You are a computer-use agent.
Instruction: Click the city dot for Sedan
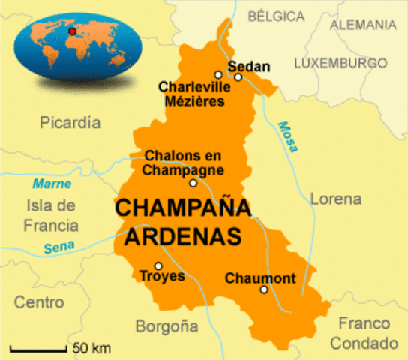(238, 76)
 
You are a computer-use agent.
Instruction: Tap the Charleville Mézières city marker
(218, 74)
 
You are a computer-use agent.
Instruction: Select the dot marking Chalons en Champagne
(193, 183)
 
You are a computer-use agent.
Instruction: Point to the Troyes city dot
(158, 265)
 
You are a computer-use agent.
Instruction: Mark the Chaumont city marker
(263, 289)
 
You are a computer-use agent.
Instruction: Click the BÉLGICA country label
(276, 16)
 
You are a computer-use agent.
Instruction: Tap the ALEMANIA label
(363, 25)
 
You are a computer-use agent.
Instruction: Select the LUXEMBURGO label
(340, 63)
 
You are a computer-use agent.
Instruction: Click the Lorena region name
(335, 199)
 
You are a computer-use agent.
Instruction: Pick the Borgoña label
(166, 326)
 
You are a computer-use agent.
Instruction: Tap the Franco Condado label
(364, 333)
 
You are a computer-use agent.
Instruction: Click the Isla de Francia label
(51, 214)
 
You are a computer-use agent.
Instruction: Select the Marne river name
(52, 184)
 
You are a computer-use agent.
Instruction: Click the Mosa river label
(286, 136)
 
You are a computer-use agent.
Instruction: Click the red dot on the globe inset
(72, 32)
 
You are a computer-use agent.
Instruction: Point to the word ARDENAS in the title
(183, 235)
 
